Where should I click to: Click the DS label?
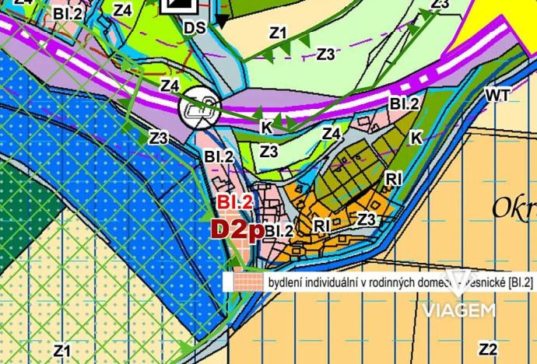coord(195,28)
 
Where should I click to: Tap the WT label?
coord(497,95)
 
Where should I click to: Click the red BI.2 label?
coord(235,202)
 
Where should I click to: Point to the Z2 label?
coord(489,348)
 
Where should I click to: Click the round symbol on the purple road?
coord(201,108)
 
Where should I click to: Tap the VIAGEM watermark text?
coord(459,310)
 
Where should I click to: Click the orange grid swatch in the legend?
coord(242,282)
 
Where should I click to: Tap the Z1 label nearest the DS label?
coord(278,33)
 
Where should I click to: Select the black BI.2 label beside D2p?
coord(279,231)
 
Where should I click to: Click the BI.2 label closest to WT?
coord(405,103)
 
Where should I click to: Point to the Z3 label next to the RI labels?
coord(367,220)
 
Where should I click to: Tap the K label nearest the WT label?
coord(416,138)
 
